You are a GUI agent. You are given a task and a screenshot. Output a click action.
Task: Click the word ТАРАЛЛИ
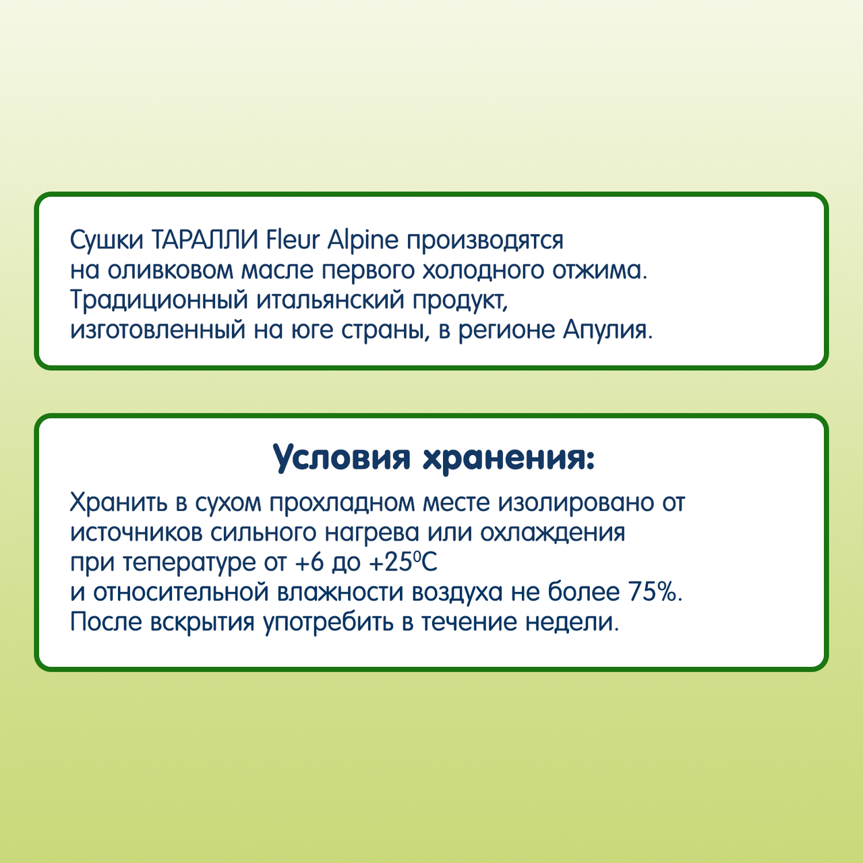click(205, 240)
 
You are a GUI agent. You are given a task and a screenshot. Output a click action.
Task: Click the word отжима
click(600, 270)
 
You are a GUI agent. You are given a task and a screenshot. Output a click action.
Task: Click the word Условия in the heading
click(342, 458)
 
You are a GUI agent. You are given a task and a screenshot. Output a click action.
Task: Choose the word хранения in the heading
click(508, 458)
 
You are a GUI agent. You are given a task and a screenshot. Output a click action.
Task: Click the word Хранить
click(119, 503)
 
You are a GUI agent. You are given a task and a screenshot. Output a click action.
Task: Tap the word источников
click(137, 533)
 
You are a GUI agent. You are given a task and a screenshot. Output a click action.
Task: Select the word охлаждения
click(553, 533)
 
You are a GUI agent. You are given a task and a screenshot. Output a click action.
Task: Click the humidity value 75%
click(655, 592)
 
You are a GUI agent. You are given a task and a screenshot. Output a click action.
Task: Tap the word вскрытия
click(203, 622)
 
